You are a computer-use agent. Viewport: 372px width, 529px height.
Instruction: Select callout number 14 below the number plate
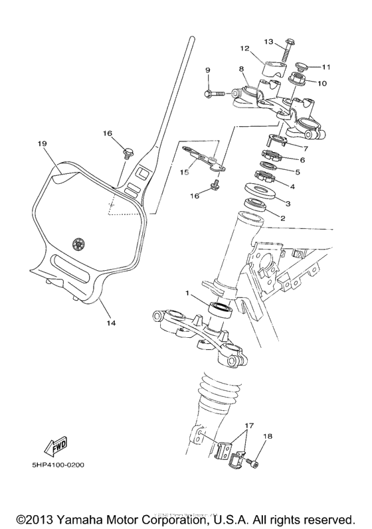pos(110,323)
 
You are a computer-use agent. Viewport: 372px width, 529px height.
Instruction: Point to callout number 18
pos(268,436)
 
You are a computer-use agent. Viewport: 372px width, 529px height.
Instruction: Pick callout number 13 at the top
pos(268,41)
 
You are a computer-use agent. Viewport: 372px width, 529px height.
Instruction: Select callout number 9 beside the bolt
pos(207,70)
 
